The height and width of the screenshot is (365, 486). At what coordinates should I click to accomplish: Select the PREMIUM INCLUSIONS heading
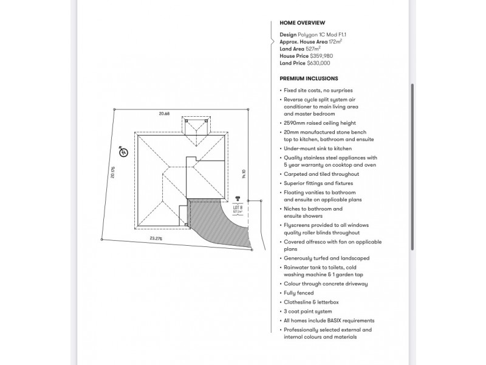(309, 78)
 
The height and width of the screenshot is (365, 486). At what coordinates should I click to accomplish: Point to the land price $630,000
(320, 63)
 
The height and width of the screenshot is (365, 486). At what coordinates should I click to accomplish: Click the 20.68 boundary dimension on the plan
(163, 114)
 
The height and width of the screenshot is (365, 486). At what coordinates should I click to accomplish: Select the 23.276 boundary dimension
(156, 238)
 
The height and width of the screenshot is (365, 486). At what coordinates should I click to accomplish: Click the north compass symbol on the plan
(123, 152)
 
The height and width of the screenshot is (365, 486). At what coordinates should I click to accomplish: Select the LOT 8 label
(238, 207)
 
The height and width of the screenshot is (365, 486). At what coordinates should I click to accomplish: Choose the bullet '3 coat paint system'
(308, 311)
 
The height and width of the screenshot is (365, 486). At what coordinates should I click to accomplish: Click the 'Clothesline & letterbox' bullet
(312, 302)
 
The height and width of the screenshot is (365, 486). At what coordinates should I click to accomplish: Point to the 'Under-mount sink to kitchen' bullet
(317, 148)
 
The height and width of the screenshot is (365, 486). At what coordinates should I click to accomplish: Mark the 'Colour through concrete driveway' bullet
(325, 284)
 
